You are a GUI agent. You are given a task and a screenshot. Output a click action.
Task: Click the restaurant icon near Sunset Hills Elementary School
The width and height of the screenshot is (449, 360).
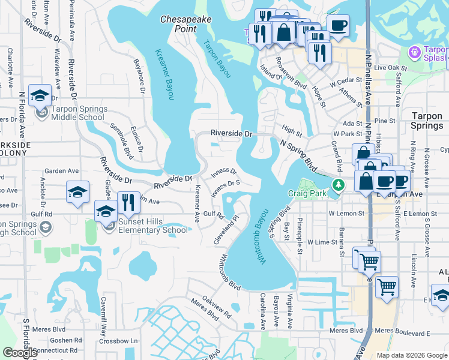(128, 202)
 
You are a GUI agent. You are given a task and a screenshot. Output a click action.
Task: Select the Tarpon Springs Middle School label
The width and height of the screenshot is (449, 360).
(77, 113)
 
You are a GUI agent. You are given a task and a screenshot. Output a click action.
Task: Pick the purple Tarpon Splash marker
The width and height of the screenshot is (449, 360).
(414, 53)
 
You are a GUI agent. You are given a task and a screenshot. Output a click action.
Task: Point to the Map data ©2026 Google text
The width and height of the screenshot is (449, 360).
(411, 355)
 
